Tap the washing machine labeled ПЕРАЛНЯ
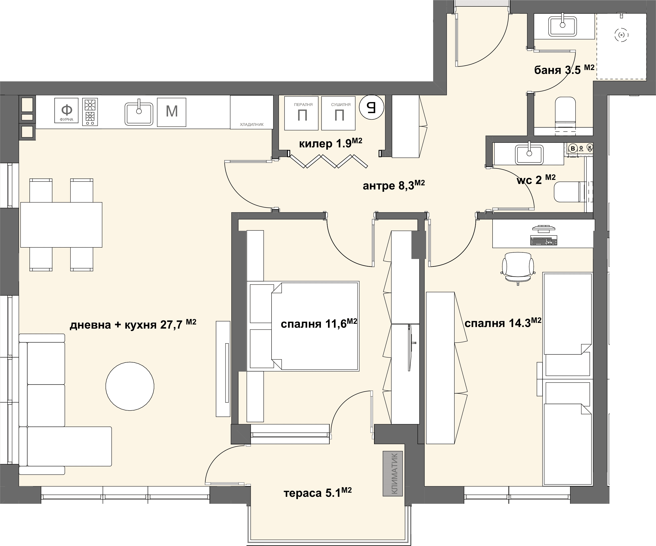tap(301, 113)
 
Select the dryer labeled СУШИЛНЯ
tap(338, 113)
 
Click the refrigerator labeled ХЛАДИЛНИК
tap(251, 112)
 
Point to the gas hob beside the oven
tap(90, 112)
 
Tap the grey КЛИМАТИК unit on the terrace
tap(393, 473)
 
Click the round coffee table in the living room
tap(130, 386)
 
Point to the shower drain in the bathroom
tap(621, 35)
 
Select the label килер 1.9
tap(331, 143)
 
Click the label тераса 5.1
tap(317, 493)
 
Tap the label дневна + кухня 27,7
tap(133, 324)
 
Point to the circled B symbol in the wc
tap(573, 149)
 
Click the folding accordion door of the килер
tap(328, 161)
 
